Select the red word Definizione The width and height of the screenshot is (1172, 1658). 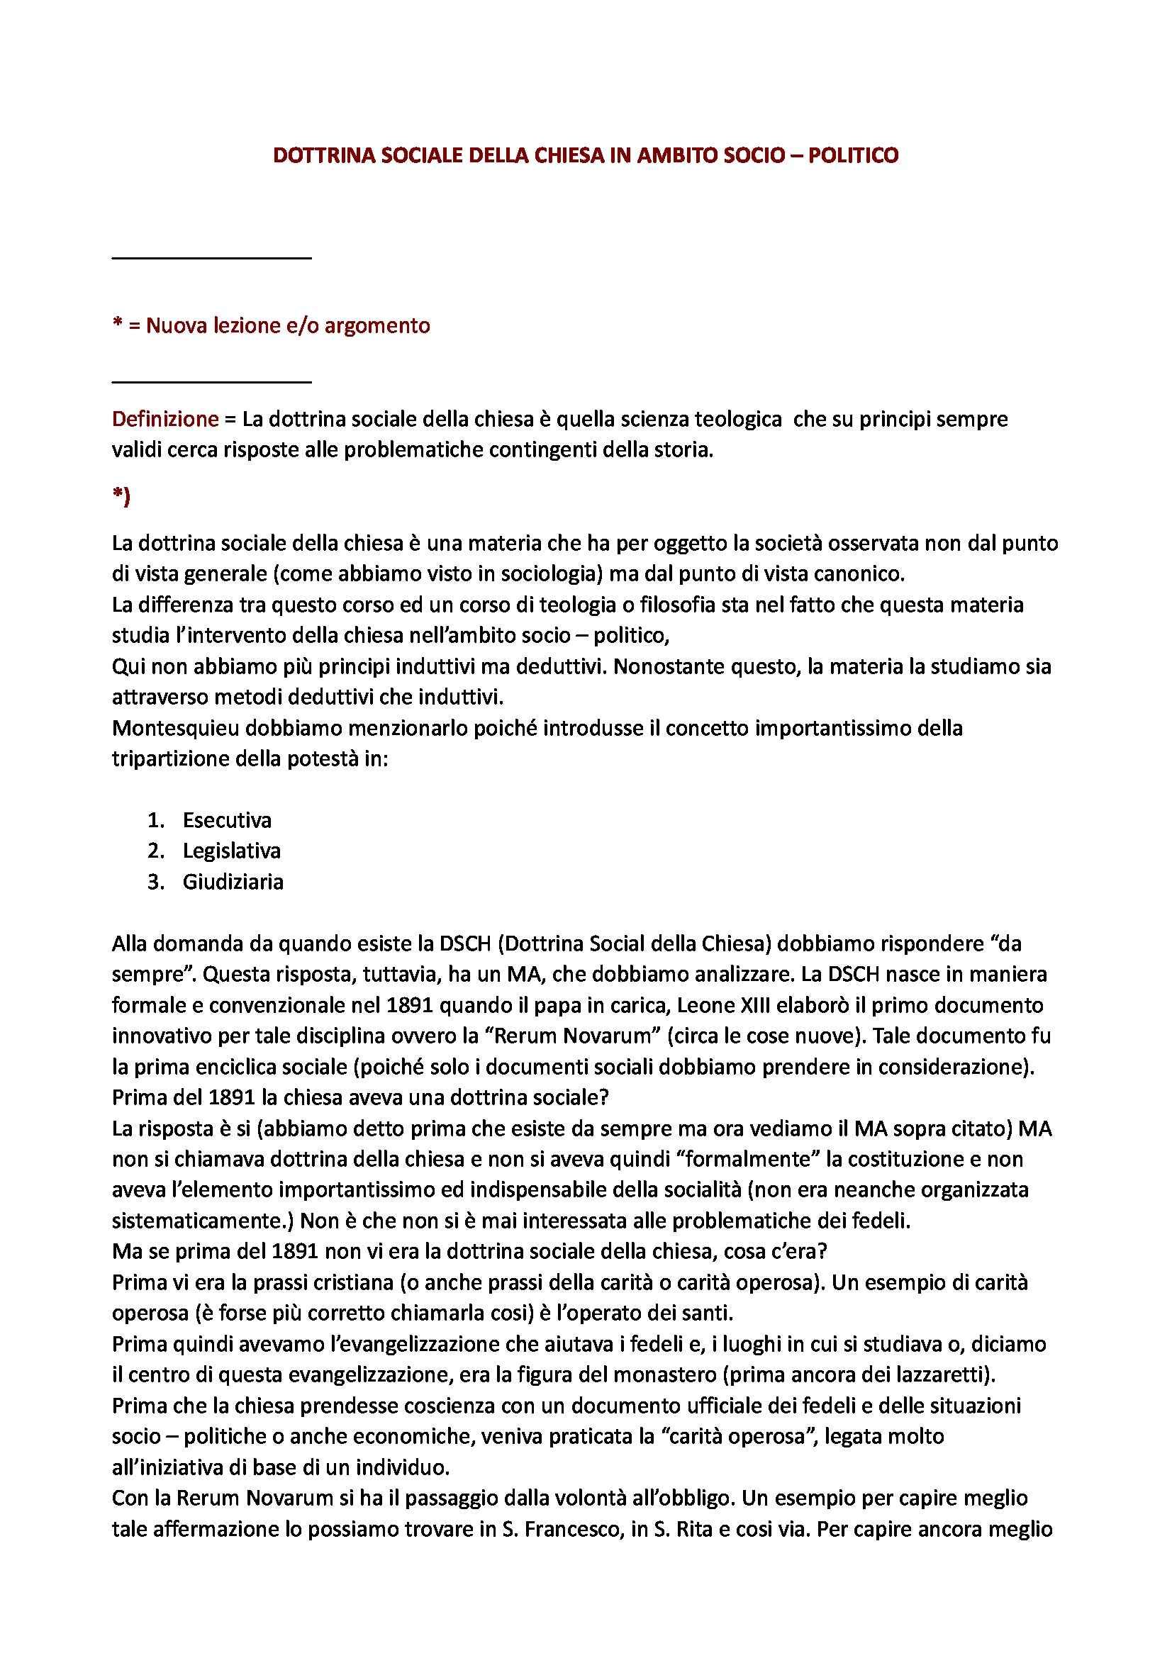click(x=165, y=419)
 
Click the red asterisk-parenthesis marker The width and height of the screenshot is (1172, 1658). click(x=121, y=498)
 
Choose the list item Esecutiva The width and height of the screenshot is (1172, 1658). click(x=227, y=819)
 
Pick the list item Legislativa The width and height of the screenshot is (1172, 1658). click(x=231, y=851)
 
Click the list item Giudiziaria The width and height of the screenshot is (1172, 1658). click(x=233, y=882)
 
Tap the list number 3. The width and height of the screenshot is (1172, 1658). click(x=155, y=882)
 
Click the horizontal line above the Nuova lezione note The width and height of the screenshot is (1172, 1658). click(x=211, y=258)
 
